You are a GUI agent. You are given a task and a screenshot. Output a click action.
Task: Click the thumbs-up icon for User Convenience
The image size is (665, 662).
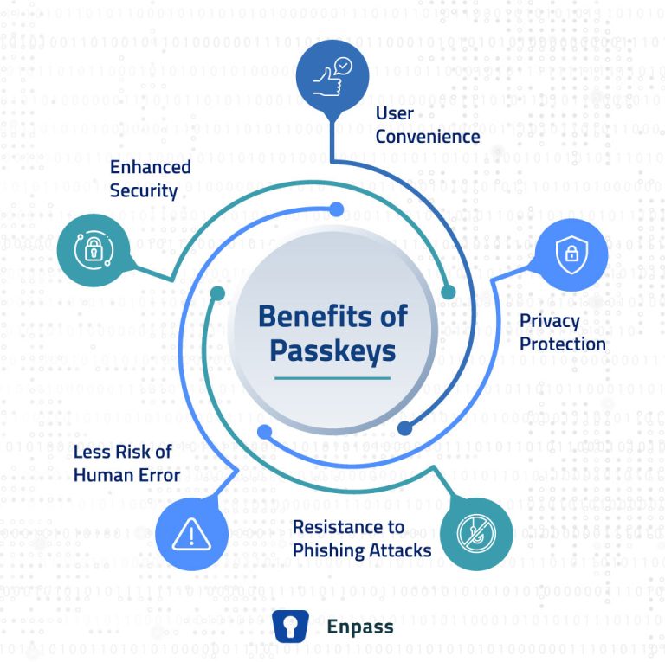[x=332, y=71]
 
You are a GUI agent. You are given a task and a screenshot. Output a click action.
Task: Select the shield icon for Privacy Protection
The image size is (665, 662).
[x=571, y=253]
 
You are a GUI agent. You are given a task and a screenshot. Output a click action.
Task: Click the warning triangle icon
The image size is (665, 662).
[x=185, y=534]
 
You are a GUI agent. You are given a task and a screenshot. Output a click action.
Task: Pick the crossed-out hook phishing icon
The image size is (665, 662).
[x=476, y=534]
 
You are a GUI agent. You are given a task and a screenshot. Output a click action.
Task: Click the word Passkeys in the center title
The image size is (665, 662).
[x=332, y=350]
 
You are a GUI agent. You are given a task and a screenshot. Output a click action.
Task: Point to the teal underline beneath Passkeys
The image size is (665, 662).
[x=332, y=378]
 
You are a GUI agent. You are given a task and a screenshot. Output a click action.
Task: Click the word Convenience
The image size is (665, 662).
[x=428, y=136]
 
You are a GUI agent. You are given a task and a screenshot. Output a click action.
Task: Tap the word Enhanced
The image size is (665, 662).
[x=150, y=166]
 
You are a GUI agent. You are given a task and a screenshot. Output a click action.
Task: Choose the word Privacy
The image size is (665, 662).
[x=549, y=321]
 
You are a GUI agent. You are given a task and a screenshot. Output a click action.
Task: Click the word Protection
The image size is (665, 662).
[x=562, y=344]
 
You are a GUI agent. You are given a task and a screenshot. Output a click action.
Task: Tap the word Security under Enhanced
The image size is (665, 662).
[x=143, y=190]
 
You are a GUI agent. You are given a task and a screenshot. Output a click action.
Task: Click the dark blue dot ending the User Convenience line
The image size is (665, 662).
[x=404, y=427]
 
